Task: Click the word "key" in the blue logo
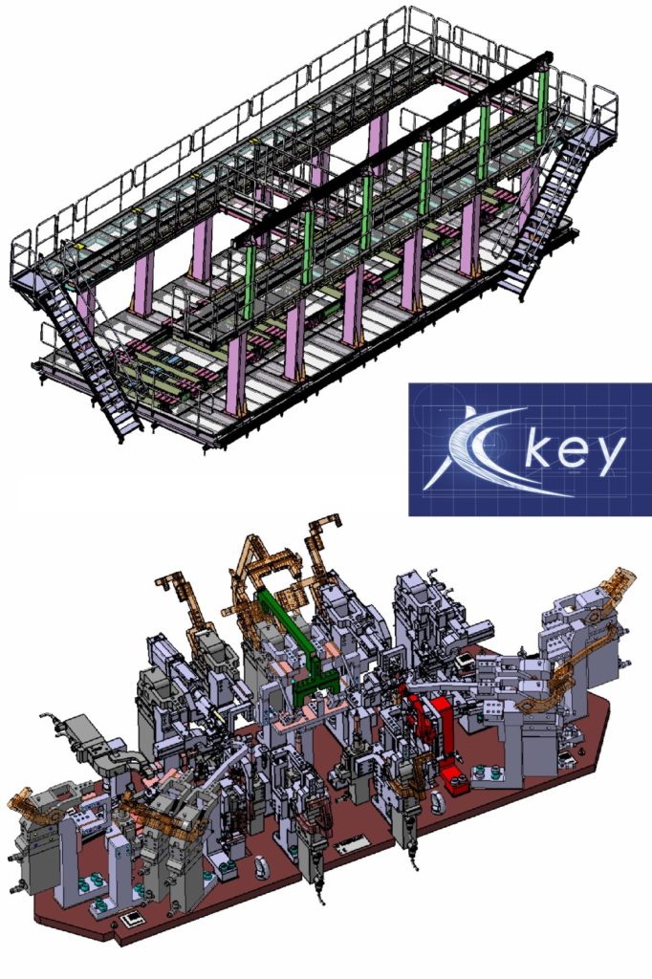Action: [575, 451]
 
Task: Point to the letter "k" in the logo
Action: [536, 446]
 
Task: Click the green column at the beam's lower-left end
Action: [250, 281]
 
